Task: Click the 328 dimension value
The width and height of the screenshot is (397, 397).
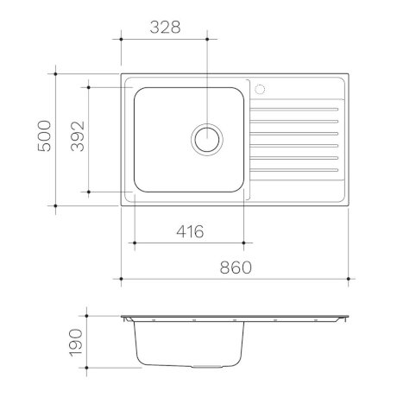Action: click(163, 26)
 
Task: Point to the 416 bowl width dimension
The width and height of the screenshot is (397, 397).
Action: click(189, 231)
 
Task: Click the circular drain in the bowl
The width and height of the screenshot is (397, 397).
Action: click(207, 138)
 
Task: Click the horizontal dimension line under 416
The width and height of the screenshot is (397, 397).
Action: click(189, 244)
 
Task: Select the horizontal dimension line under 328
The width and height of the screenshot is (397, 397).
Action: click(163, 39)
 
